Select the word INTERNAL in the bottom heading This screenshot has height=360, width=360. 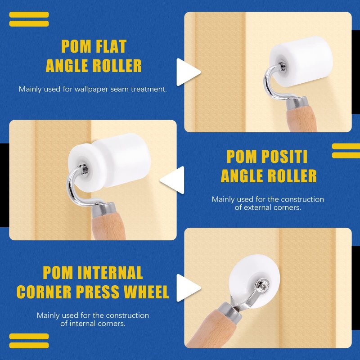click(110, 273)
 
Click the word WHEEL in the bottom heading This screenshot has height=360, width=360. click(147, 292)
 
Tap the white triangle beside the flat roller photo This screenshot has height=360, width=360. click(188, 72)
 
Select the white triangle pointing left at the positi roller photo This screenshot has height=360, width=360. click(172, 180)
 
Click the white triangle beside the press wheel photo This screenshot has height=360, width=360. click(188, 288)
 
